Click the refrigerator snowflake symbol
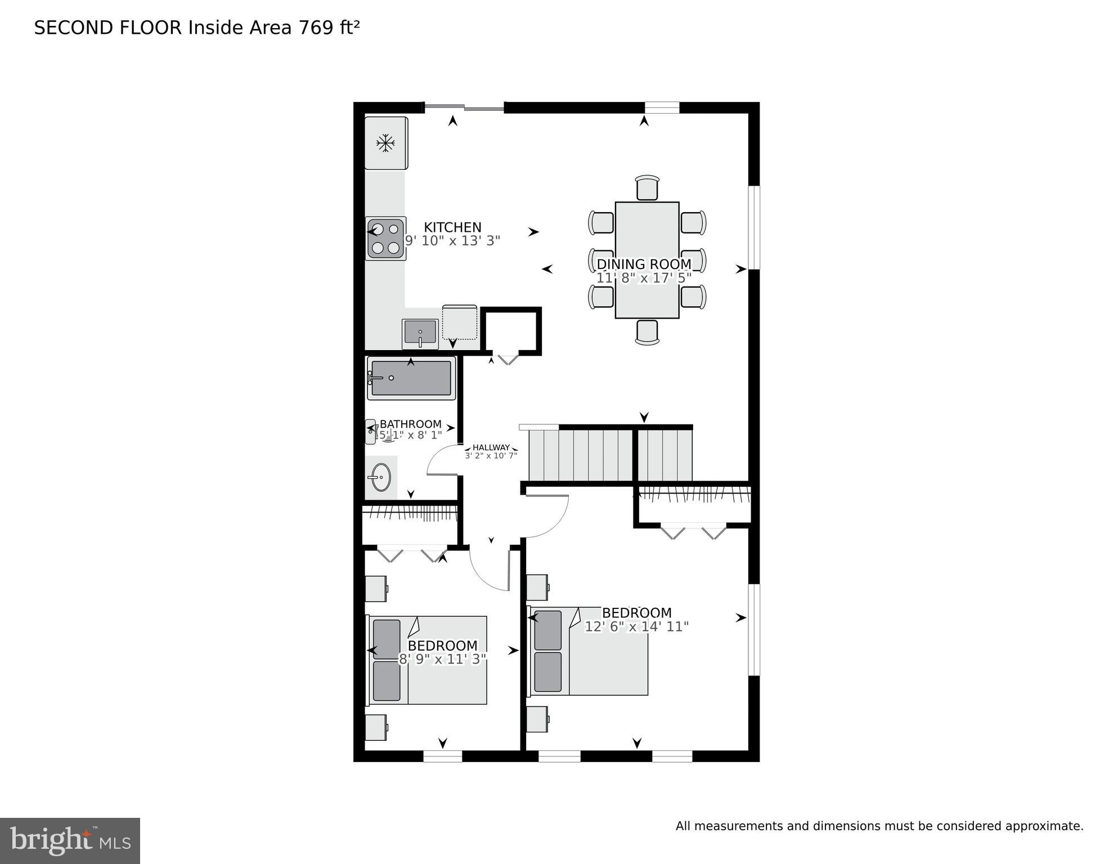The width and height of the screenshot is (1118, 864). tap(385, 143)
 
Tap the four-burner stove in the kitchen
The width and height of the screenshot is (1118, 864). tap(385, 239)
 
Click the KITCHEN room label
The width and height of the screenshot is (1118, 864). tap(452, 227)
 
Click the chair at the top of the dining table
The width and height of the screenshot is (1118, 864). tap(647, 188)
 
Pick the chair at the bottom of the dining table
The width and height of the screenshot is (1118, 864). tap(647, 332)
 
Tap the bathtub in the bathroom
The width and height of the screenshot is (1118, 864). tap(411, 378)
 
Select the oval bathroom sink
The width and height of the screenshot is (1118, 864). tap(381, 478)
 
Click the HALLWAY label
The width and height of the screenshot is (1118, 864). tap(491, 447)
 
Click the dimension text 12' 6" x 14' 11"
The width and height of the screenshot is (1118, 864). tap(636, 626)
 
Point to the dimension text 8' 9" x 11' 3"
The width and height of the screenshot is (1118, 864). tap(442, 659)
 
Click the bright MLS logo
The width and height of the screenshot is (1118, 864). tap(70, 840)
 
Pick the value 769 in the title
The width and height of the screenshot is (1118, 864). tap(316, 28)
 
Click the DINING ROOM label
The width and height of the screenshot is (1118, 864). tap(644, 264)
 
